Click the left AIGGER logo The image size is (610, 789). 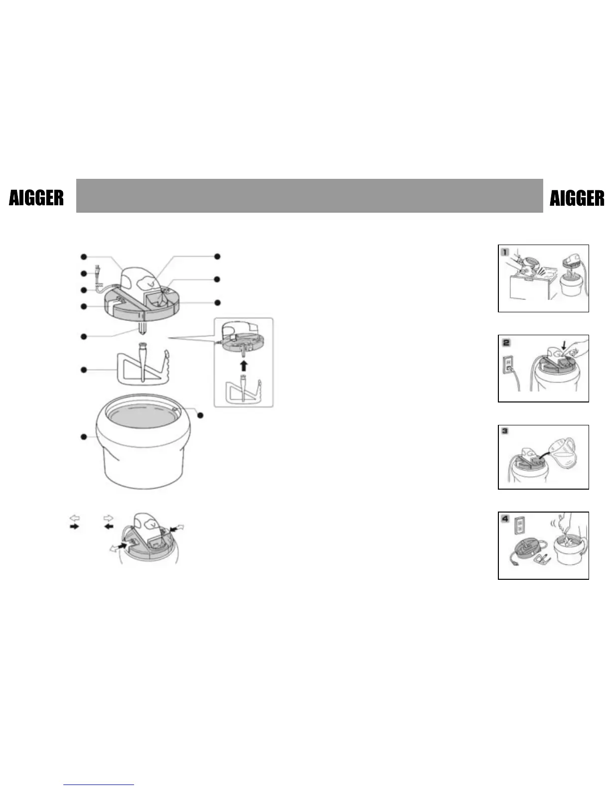tap(36, 198)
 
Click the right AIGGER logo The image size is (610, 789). tap(577, 198)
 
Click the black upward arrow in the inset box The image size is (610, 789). tap(243, 366)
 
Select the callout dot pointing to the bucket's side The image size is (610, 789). tap(84, 437)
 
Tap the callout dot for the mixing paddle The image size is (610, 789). tap(84, 370)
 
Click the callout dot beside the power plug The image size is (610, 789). tap(84, 273)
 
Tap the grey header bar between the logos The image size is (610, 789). tap(309, 196)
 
